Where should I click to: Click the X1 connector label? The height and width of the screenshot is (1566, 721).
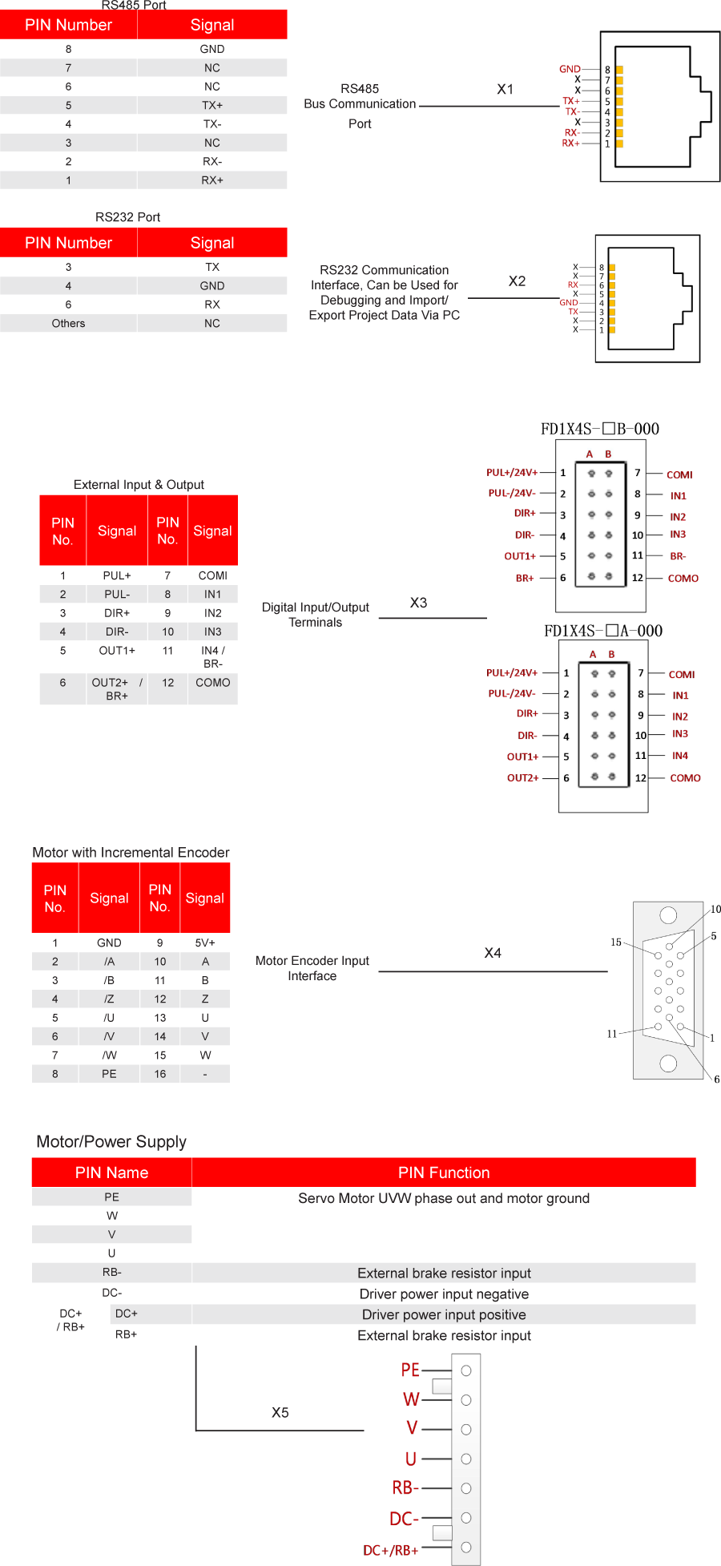click(505, 89)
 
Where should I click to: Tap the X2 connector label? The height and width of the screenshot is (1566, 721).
click(517, 281)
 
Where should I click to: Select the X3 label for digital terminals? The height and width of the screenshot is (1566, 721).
click(418, 603)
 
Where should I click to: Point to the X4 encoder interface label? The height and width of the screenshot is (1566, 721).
click(493, 953)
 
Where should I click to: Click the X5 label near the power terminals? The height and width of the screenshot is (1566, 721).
click(280, 1412)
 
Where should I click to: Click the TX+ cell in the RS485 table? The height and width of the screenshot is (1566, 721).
click(211, 105)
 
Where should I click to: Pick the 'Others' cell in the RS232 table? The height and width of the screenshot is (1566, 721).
click(68, 323)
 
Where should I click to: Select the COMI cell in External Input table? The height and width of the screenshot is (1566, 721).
click(212, 575)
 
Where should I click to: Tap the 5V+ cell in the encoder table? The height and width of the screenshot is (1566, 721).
click(205, 942)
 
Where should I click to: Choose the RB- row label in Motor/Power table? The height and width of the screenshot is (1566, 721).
click(111, 1272)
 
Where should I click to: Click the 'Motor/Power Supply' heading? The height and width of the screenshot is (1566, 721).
click(111, 1141)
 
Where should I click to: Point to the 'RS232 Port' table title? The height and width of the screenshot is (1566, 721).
click(127, 217)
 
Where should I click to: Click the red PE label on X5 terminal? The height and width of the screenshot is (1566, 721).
click(410, 1370)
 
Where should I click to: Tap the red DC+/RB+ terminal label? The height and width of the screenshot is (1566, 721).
click(391, 1550)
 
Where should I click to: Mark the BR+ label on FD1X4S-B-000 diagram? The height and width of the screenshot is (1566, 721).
click(525, 578)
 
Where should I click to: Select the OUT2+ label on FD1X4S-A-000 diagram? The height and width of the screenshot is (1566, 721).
click(522, 777)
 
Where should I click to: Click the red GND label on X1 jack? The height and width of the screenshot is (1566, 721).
click(570, 69)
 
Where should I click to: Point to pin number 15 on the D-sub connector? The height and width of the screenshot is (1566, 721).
click(616, 942)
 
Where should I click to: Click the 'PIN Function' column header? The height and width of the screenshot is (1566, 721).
click(443, 1172)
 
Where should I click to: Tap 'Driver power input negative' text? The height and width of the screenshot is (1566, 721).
click(444, 1294)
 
